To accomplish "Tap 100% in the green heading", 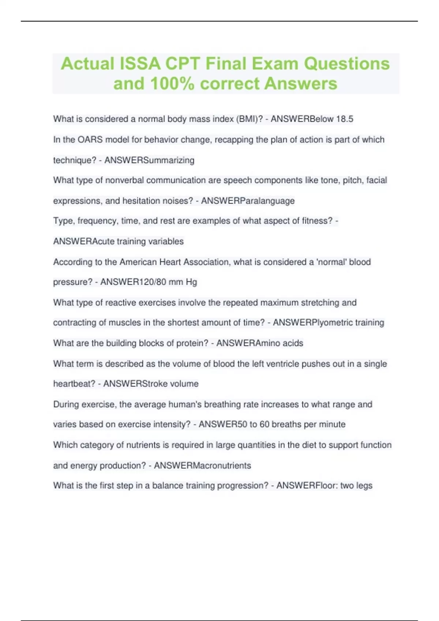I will [x=172, y=84].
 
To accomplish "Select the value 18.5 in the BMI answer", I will [x=345, y=119].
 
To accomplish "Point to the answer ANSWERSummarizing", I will [x=149, y=160].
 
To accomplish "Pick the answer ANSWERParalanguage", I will [x=248, y=201].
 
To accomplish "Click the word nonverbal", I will [x=125, y=180].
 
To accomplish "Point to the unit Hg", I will [x=191, y=282].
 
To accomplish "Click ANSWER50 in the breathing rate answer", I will [x=223, y=424].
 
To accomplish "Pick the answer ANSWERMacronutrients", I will [x=202, y=466].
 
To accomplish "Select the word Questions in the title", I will [x=347, y=64].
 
